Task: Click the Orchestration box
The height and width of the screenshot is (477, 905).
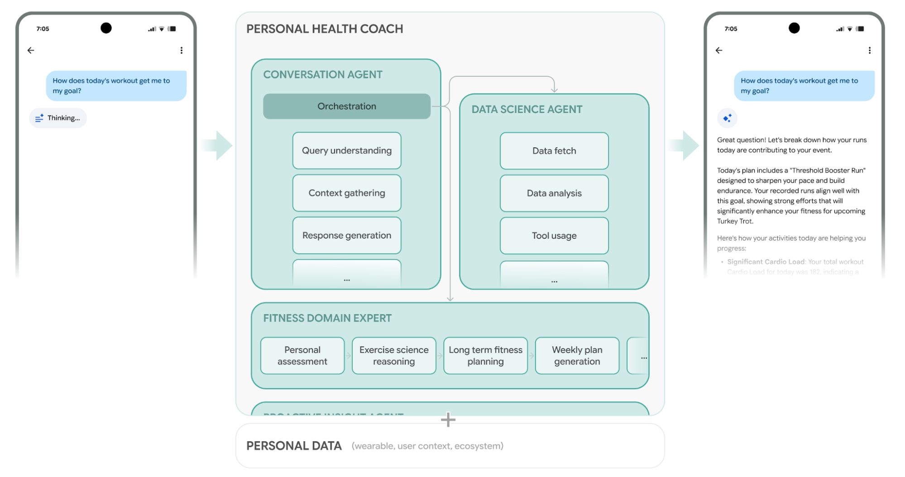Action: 346,106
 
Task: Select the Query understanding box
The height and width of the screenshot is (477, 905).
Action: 346,151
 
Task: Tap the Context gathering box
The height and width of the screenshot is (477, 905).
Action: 346,193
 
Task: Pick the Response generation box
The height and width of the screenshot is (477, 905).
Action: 346,236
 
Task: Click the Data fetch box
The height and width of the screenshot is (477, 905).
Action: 554,151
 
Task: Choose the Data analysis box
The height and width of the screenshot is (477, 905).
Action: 554,194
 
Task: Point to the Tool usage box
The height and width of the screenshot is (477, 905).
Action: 554,236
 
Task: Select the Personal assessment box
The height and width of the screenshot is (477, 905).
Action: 302,356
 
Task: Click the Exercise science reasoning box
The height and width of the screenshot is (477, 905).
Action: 394,356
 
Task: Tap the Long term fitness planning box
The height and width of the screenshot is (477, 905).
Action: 485,356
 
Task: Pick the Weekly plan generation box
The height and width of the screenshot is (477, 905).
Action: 577,356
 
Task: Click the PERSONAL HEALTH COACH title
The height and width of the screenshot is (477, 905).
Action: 325,29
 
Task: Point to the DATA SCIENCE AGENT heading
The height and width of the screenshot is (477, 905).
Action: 527,109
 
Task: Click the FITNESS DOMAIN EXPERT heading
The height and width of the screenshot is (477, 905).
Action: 327,318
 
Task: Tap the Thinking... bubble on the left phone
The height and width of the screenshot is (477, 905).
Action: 58,118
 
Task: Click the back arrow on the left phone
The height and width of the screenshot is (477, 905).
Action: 31,50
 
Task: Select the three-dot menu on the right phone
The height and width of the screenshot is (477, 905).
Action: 869,50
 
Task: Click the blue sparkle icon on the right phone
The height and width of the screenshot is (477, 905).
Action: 727,118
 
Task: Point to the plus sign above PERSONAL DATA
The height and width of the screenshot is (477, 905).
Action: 448,420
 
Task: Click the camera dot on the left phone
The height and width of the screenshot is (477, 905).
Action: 106,28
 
